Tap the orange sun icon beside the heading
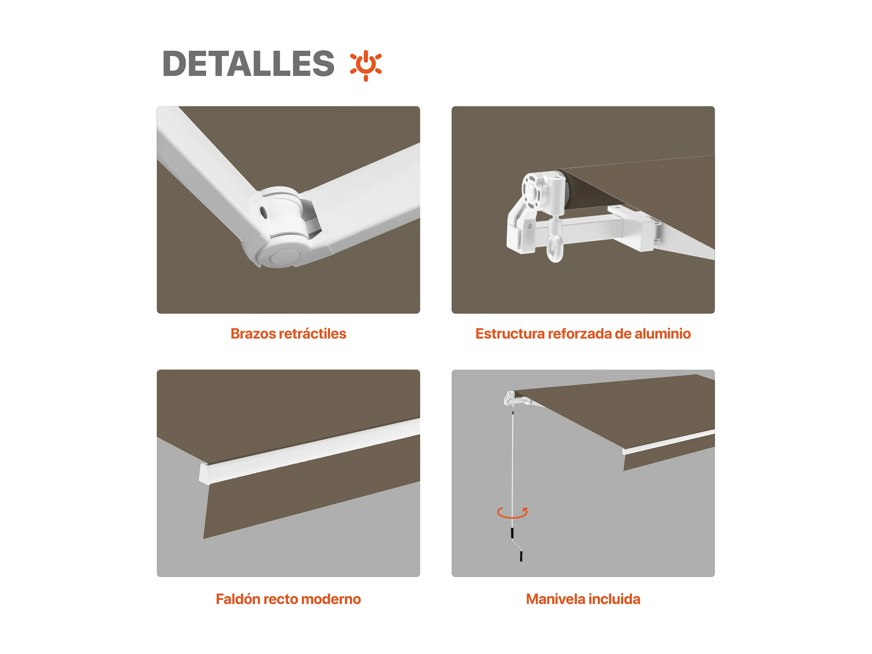point(366,65)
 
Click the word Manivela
point(553,599)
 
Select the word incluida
point(612,599)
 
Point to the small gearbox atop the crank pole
point(509,398)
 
